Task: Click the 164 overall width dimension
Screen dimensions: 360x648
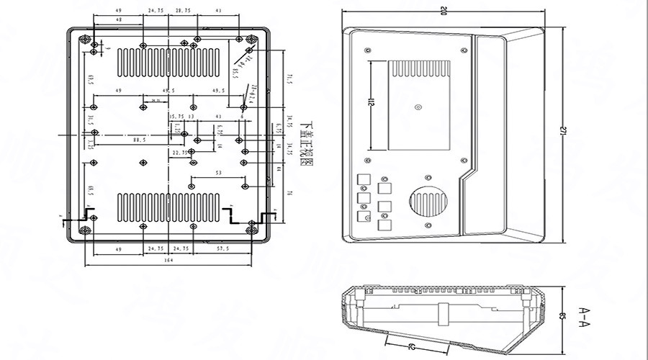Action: coord(168,261)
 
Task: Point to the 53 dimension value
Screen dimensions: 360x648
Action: coord(218,174)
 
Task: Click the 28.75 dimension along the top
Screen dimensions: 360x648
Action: coord(183,11)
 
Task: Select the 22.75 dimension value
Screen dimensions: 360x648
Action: coord(181,153)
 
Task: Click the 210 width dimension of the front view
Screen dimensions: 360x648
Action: coord(443,10)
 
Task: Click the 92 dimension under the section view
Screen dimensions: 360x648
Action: coord(412,346)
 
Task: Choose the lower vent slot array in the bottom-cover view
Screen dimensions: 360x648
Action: coord(168,207)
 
